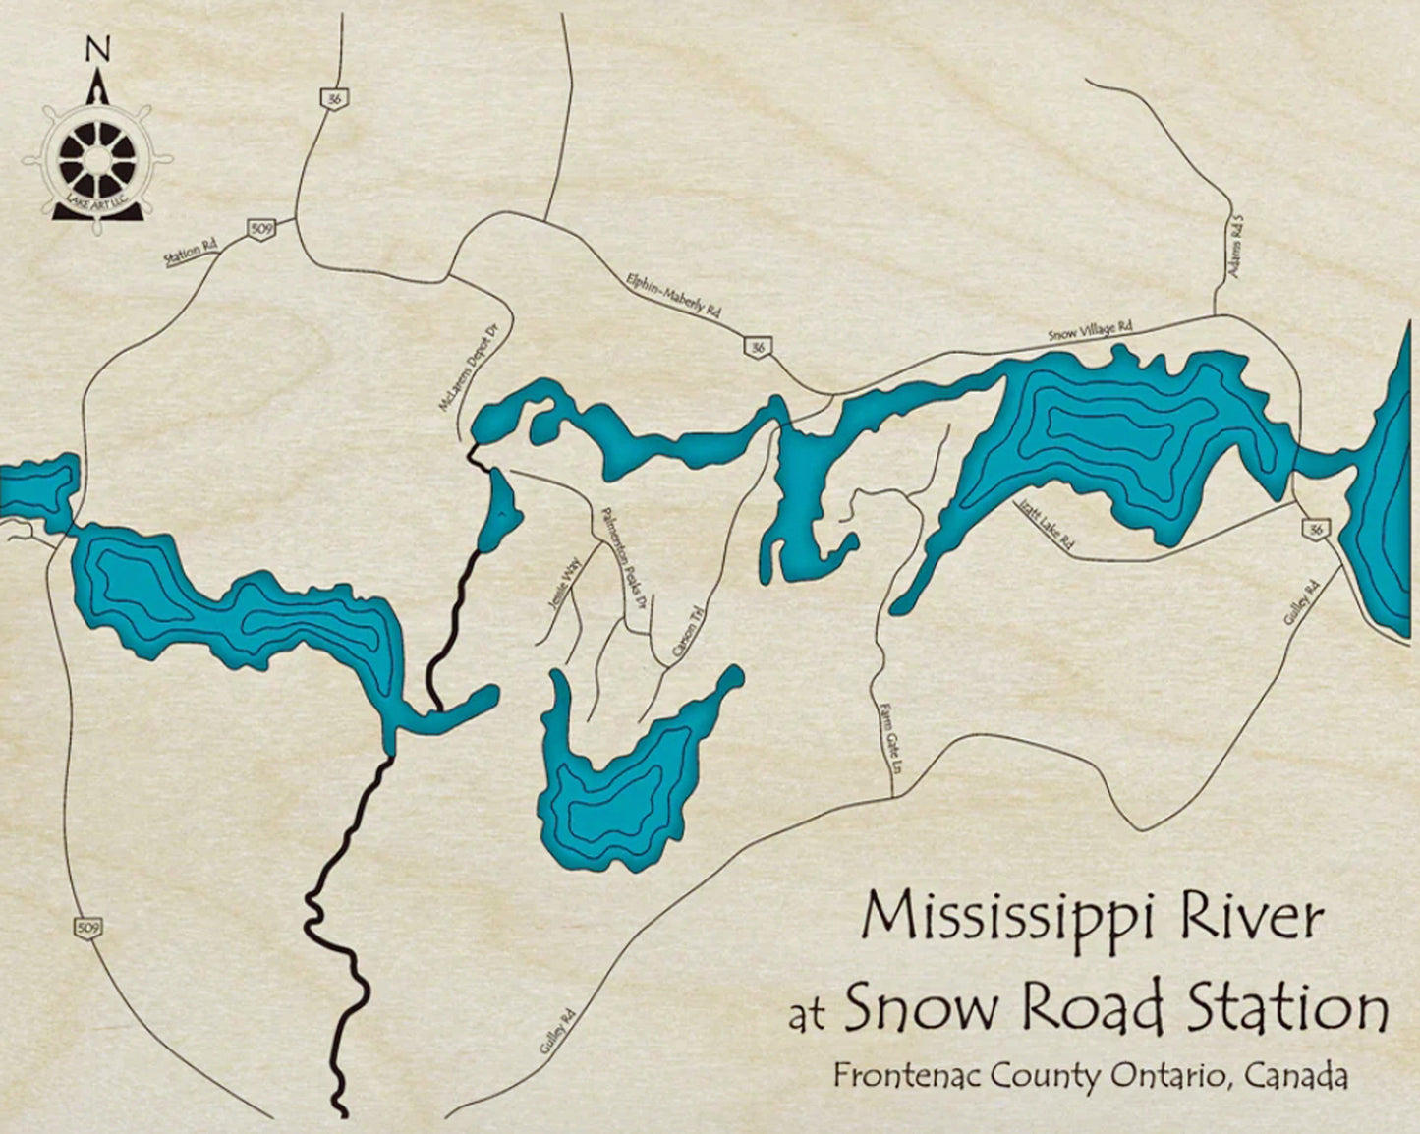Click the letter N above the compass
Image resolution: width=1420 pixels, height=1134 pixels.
tap(96, 48)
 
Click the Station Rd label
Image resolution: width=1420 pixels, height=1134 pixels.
tap(190, 254)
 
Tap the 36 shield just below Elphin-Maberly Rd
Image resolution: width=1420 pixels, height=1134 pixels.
tap(757, 347)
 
